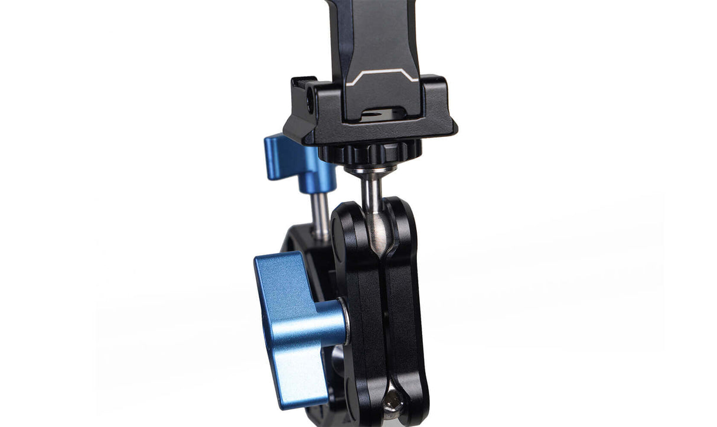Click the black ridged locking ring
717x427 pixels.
pyautogui.click(x=371, y=155)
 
